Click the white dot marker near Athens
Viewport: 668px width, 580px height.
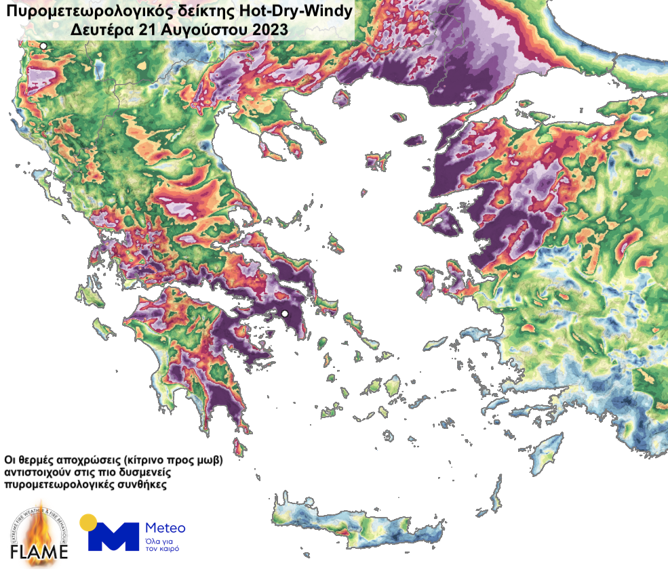pos(286,314)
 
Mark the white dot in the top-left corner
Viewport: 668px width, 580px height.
pos(43,46)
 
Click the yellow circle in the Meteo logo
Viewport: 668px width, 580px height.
pos(87,522)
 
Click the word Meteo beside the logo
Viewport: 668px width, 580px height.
pos(165,528)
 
